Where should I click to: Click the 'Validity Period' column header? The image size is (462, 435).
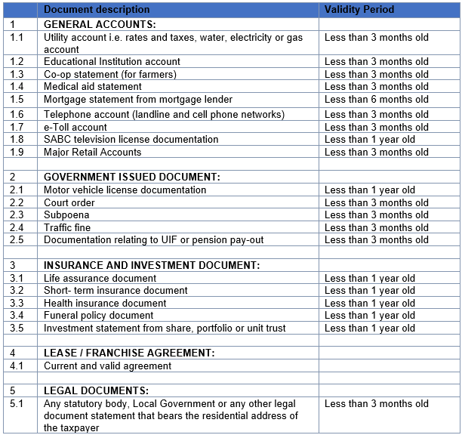[x=359, y=10]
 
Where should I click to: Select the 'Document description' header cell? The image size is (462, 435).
[x=97, y=10]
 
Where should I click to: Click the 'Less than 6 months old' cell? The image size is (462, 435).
[x=376, y=99]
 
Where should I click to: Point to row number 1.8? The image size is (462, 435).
[x=17, y=139]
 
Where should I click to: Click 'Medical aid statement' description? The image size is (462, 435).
[x=93, y=86]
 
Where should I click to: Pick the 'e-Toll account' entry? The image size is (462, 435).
[x=75, y=127]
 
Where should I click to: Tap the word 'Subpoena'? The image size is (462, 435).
[x=66, y=214]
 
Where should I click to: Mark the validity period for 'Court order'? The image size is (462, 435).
[x=376, y=202]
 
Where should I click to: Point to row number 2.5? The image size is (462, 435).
[x=17, y=239]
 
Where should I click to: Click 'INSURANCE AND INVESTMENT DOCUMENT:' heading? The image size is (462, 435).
[x=152, y=265]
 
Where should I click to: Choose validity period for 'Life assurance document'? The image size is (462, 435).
[x=370, y=278]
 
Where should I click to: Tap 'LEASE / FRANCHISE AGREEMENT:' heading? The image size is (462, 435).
[x=129, y=353]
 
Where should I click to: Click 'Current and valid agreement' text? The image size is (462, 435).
[x=107, y=366]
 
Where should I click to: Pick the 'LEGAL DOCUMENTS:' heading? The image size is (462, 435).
[x=96, y=390]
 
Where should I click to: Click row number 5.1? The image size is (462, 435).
[x=17, y=403]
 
